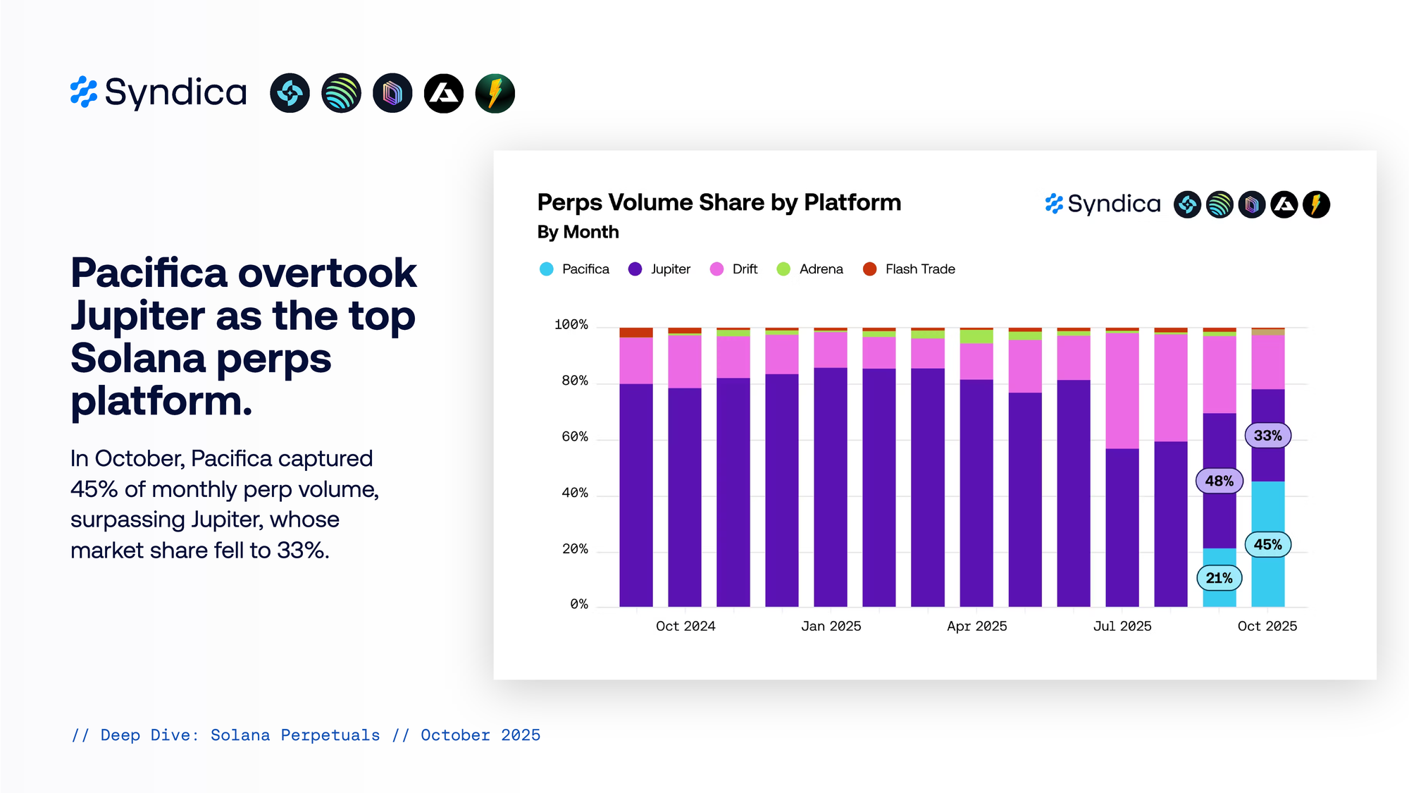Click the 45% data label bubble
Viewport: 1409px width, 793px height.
[1267, 545]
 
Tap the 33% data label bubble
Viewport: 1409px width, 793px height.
[1267, 436]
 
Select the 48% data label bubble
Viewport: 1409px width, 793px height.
[1219, 481]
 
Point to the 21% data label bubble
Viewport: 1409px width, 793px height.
[1219, 578]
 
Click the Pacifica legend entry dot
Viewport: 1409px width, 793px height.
[546, 269]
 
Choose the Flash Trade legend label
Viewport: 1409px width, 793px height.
[919, 269]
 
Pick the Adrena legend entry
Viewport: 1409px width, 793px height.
[820, 269]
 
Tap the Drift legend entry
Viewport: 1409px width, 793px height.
[744, 269]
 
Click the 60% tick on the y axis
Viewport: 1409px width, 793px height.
[575, 437]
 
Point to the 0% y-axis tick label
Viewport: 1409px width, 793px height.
[579, 604]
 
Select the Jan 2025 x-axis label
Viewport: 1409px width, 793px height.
[831, 626]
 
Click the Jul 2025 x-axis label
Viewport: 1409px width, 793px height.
[1122, 626]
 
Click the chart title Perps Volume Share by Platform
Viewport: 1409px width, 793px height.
[719, 202]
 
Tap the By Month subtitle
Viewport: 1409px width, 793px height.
[578, 232]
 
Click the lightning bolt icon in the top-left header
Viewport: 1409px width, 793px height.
[495, 93]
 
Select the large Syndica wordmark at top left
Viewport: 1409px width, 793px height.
[175, 92]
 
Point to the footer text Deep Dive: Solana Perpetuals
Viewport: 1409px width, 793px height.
[240, 735]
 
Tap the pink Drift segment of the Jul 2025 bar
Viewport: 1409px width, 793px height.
[1122, 391]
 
